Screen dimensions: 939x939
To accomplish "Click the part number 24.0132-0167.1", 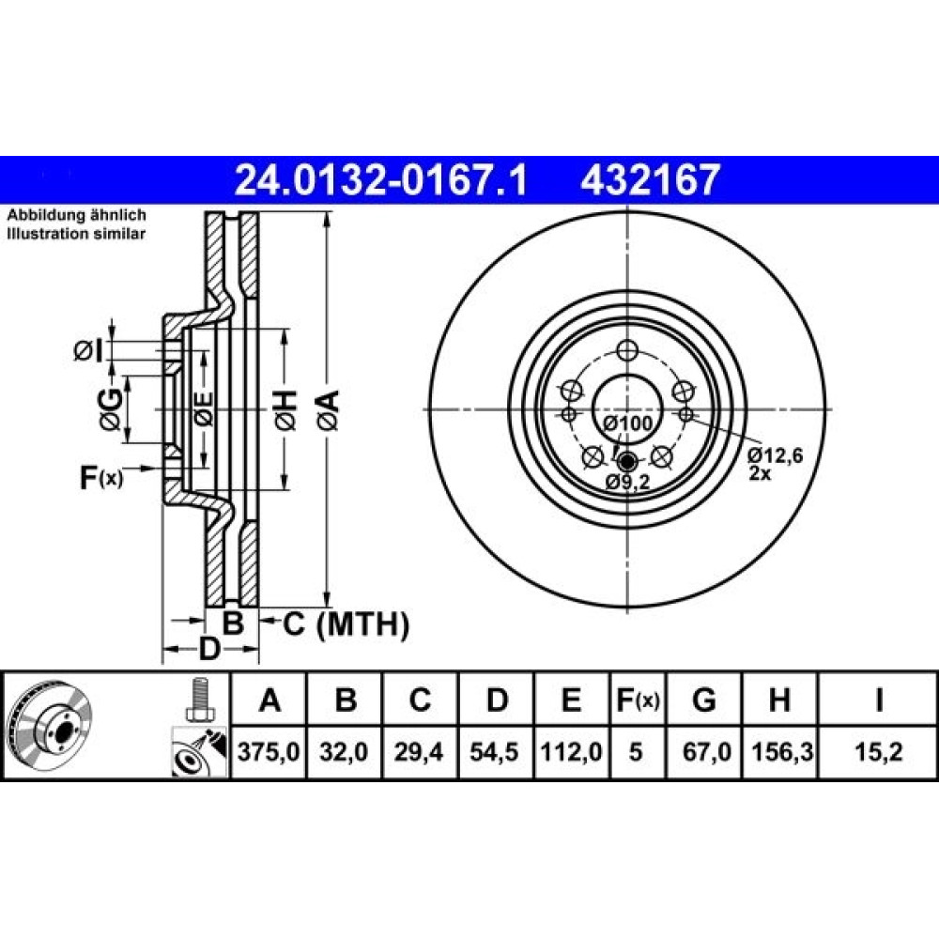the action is (x=381, y=180).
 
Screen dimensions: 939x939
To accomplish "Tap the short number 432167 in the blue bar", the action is (x=649, y=180).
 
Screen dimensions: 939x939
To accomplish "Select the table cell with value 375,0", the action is (x=269, y=752).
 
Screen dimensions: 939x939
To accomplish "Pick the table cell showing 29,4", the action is (x=419, y=752).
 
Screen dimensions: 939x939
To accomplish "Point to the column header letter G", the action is (x=703, y=700).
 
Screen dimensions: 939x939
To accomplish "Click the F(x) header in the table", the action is (x=638, y=700).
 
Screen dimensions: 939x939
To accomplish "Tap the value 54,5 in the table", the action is (x=495, y=752).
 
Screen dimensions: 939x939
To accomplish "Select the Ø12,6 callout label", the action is (x=775, y=456).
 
